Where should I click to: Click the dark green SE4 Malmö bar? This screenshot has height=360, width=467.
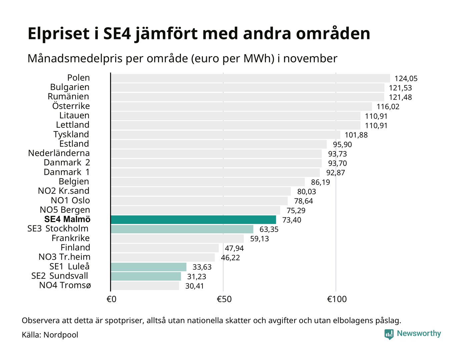coord(193,220)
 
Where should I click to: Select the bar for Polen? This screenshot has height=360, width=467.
coord(250,78)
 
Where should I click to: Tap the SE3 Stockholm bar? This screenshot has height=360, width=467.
coord(182,229)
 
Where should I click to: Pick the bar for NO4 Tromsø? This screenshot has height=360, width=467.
coord(145,286)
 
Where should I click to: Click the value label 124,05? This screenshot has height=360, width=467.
coord(406,79)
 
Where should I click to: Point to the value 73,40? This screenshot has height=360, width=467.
coord(292,220)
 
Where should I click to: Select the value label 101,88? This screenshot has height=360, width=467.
coord(356,135)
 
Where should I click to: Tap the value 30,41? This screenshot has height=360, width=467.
coord(194,286)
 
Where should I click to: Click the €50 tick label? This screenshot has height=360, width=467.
coord(224,299)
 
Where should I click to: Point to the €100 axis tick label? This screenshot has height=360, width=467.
coord(337,299)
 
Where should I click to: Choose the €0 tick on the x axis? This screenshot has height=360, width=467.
coord(111,299)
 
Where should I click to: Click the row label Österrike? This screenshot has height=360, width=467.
coord(71,106)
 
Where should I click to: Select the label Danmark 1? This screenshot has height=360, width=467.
coord(67,172)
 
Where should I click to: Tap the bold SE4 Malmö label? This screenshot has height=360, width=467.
coord(67,219)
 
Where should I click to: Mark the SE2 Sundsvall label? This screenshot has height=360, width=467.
coord(60,276)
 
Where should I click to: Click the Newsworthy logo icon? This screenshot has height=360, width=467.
coord(389,334)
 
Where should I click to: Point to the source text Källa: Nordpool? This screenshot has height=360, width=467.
coord(50,335)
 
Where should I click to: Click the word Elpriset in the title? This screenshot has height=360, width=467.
coord(59,34)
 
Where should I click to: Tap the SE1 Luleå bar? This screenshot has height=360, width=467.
coord(148,267)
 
